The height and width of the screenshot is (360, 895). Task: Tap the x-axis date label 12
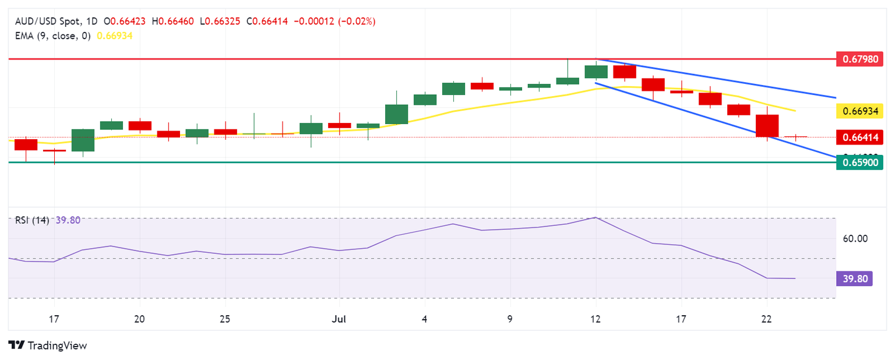tap(596, 319)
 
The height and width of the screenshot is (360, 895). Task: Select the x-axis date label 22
tap(767, 319)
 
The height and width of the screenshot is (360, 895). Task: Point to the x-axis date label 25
tap(225, 319)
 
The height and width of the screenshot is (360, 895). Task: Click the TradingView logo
tap(48, 345)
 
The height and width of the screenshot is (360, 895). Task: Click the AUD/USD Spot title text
tap(52, 22)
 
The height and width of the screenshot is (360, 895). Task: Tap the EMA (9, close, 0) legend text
tap(51, 36)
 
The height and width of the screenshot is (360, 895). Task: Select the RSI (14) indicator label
tap(32, 220)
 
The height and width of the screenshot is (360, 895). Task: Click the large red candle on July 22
tap(767, 126)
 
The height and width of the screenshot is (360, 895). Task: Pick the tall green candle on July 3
tap(396, 114)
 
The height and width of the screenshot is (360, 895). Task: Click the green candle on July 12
tap(596, 72)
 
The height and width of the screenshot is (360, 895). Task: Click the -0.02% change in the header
tap(357, 22)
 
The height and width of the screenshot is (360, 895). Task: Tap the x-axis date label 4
tap(425, 319)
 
